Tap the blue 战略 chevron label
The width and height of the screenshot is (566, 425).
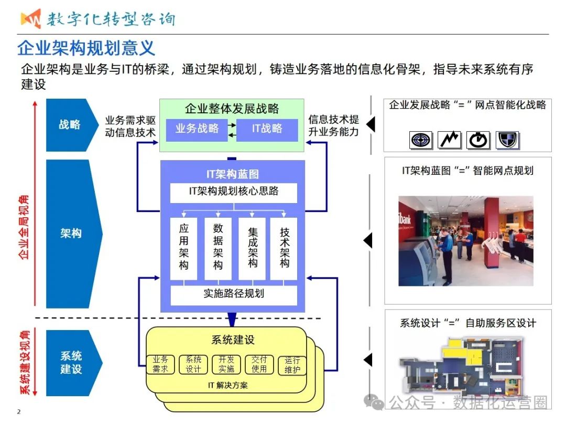[x=70, y=125]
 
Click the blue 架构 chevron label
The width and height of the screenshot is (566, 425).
[x=71, y=233]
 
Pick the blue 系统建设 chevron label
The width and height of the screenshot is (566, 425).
[x=71, y=363]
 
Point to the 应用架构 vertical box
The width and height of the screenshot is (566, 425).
[x=183, y=248]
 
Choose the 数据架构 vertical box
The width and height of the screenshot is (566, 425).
[x=218, y=248]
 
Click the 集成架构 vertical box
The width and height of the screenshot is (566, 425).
[x=253, y=248]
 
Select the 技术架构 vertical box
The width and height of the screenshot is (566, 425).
[x=284, y=248]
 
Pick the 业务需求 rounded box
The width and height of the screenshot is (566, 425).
[x=160, y=365]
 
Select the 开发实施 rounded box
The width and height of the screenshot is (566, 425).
[x=226, y=365]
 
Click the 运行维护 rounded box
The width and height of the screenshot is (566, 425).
[x=292, y=366]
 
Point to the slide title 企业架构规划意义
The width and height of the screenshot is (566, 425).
[x=86, y=48]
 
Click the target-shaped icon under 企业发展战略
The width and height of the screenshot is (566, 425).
[x=420, y=139]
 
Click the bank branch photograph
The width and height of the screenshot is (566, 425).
[x=466, y=241]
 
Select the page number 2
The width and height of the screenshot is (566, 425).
[x=19, y=411]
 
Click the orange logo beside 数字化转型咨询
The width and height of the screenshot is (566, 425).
[x=31, y=18]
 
